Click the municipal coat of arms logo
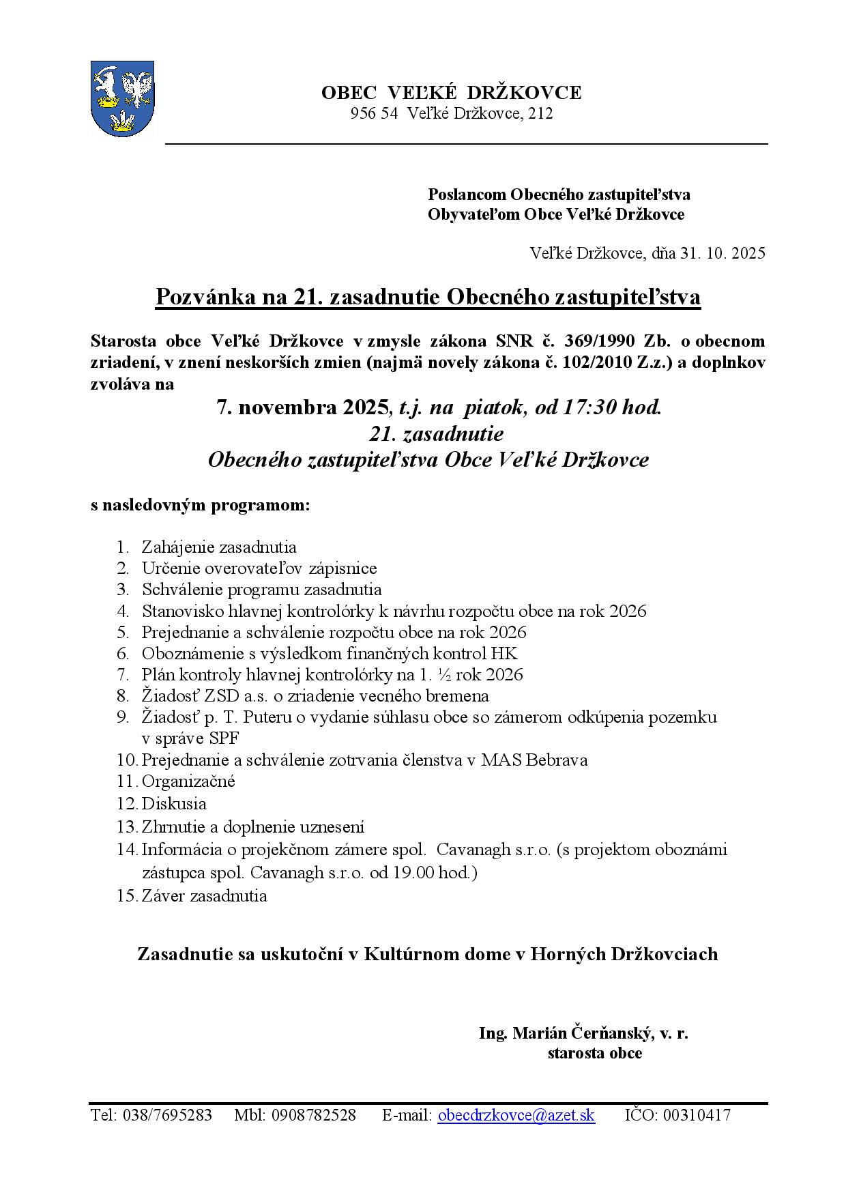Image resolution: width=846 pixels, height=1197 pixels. click(x=123, y=98)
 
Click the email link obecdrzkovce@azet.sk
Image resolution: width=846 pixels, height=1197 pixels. click(x=516, y=1115)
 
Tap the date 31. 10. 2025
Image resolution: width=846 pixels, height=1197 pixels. click(x=723, y=253)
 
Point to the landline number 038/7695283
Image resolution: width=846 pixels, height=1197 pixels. click(x=167, y=1115)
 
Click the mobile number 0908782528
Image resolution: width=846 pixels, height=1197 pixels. click(x=313, y=1115)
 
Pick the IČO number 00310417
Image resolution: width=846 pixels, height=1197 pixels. click(x=697, y=1115)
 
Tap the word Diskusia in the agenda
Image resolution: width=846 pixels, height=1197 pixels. click(x=174, y=804)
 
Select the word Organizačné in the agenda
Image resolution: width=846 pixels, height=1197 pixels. click(x=188, y=781)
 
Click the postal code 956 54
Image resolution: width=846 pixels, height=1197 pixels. click(x=374, y=114)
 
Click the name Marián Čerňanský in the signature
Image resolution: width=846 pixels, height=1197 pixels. click(x=583, y=1033)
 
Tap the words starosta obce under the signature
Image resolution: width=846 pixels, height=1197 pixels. click(x=594, y=1053)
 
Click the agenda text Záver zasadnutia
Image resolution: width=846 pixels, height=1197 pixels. click(x=204, y=896)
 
